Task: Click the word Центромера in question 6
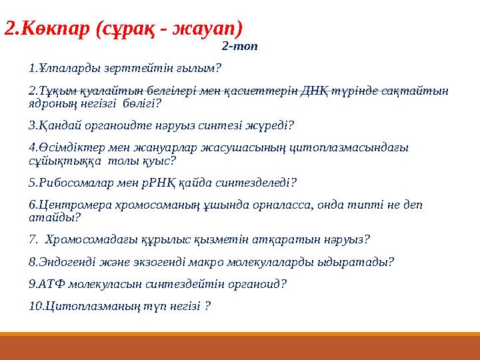72,205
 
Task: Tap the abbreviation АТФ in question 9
54,283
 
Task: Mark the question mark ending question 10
209,305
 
